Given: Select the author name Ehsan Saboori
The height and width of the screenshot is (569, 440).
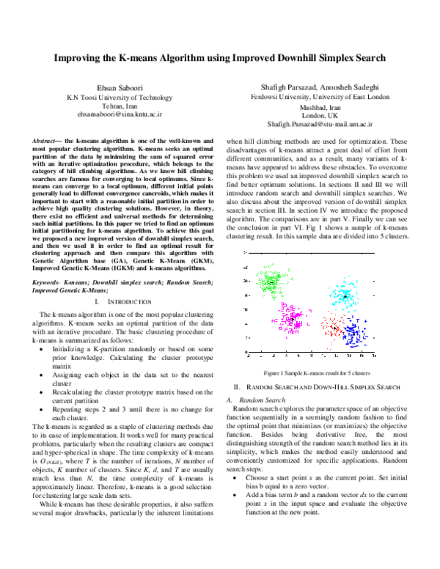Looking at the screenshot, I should pyautogui.click(x=120, y=87).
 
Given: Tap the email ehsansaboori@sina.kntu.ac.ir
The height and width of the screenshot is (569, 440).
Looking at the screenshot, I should pyautogui.click(x=120, y=115).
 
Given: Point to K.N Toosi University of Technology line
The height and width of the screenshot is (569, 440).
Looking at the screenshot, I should pyautogui.click(x=120, y=97).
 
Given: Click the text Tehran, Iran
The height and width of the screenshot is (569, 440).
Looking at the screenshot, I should pyautogui.click(x=120, y=106).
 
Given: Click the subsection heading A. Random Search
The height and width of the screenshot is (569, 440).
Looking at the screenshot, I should pyautogui.click(x=254, y=399).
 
